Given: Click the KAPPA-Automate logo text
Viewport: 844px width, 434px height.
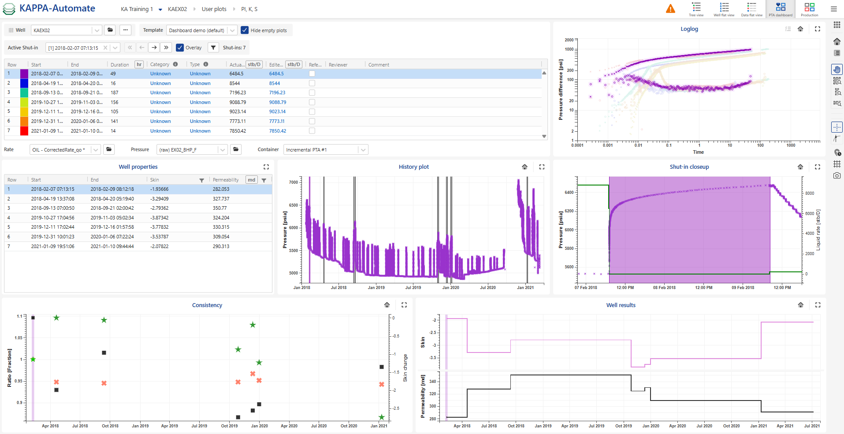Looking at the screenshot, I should click(57, 8).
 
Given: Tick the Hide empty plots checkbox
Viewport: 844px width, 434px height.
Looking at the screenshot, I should click(245, 30).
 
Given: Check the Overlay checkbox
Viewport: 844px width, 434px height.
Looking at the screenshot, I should click(180, 48).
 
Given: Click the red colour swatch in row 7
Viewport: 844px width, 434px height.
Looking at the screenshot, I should click(24, 131).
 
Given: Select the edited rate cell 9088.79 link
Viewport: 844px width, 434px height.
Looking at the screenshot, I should click(277, 102).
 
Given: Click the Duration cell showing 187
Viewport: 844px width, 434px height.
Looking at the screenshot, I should click(115, 93).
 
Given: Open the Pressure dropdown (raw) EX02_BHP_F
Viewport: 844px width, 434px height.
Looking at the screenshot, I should click(192, 150).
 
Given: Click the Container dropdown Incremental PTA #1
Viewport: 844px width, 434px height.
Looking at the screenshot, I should click(325, 150).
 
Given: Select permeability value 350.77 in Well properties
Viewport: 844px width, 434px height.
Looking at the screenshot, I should click(220, 208).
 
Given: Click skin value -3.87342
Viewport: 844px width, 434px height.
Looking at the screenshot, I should click(159, 218).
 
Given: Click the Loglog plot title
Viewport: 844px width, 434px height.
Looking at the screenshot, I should click(689, 29).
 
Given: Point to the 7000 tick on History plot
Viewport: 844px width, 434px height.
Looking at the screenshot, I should click(294, 182).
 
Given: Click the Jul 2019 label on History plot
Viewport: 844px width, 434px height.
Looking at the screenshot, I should click(413, 288).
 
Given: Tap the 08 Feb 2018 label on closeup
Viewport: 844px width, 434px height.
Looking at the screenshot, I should click(664, 288).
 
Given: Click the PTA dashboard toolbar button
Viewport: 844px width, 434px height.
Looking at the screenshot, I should click(780, 9).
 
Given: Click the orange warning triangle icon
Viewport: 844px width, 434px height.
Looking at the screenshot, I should click(670, 9).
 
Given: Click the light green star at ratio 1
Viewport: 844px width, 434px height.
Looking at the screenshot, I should click(33, 360).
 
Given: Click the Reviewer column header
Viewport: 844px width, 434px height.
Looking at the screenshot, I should click(338, 65).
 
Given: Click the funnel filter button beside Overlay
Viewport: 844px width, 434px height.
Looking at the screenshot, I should click(213, 48).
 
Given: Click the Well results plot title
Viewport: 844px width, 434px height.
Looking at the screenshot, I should click(621, 305).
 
